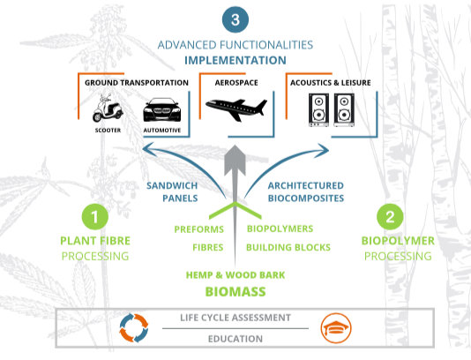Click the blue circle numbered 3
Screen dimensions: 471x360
[x=235, y=19]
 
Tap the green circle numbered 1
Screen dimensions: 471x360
[x=95, y=217]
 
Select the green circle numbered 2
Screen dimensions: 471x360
[x=390, y=217]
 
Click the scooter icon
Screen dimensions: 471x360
[x=108, y=109]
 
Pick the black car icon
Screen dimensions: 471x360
[x=162, y=109]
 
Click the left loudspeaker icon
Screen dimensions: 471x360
[x=318, y=110]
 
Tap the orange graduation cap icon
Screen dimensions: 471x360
[x=336, y=328]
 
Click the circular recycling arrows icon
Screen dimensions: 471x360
[x=134, y=328]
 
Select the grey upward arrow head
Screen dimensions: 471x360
[x=235, y=161]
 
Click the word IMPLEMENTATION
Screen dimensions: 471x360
[x=235, y=60]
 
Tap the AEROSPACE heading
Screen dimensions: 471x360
[x=236, y=83]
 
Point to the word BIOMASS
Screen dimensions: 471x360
[x=235, y=292]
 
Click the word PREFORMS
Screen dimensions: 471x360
[x=198, y=229]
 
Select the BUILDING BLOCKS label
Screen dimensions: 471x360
[x=288, y=247]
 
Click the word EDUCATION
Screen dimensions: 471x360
[x=235, y=339]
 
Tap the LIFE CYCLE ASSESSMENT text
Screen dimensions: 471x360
[x=235, y=318]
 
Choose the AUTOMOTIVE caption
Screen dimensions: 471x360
[x=162, y=131]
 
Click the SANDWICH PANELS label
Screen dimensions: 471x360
[x=172, y=191]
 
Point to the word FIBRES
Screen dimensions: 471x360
[x=208, y=247]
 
